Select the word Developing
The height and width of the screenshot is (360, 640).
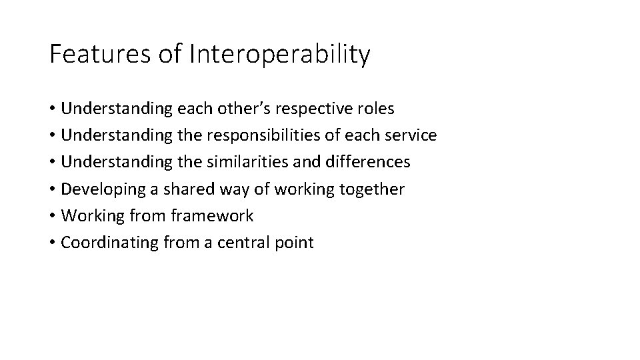tap(103, 189)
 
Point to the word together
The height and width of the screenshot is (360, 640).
tap(371, 189)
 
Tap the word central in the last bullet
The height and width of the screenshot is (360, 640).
tap(245, 242)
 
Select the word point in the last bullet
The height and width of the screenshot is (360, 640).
tap(294, 243)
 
